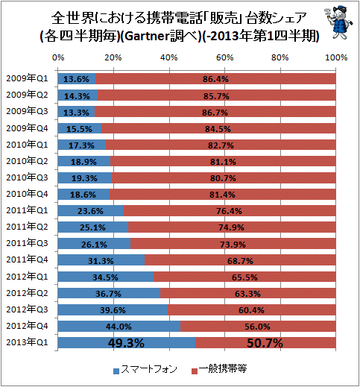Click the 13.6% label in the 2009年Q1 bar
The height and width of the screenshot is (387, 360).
76,79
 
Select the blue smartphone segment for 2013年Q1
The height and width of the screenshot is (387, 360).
127,343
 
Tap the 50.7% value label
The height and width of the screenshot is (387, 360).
265,343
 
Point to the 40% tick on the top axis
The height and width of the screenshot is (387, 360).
169,57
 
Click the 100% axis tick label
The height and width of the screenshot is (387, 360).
336,57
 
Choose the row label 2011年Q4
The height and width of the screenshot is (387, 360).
27,259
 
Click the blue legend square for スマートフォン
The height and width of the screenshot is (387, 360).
116,371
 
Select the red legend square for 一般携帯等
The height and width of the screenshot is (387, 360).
195,371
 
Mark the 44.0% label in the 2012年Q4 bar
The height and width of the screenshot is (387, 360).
119,327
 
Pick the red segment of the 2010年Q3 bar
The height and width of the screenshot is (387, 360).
224,178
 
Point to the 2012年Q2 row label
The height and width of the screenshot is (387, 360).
27,293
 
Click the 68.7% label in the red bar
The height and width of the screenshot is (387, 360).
240,261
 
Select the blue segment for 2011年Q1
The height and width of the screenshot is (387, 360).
91,211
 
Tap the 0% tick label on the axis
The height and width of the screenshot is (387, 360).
58,57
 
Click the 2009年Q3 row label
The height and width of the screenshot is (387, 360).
27,111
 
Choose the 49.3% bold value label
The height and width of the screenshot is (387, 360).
126,343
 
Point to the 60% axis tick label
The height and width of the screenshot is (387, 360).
224,57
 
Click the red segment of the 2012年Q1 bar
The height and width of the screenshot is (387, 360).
244,277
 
